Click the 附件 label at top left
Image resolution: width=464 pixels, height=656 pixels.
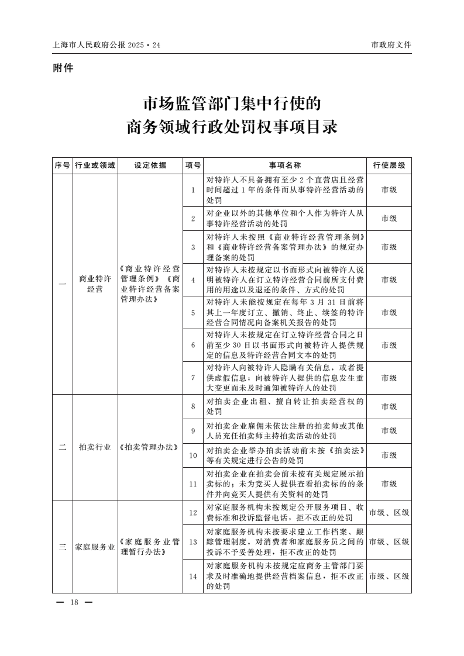63,68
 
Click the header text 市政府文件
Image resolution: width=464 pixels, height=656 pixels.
391,45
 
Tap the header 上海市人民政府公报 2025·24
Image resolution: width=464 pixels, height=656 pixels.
106,45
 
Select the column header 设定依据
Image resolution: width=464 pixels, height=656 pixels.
150,165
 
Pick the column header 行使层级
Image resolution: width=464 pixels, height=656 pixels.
389,165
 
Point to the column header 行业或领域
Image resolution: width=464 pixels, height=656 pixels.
95,165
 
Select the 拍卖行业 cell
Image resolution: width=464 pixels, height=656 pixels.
95,447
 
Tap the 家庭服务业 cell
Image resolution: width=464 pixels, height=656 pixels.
95,547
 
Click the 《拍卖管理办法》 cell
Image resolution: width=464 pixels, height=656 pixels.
150,447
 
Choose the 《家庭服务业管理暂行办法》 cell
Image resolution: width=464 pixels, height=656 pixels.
150,547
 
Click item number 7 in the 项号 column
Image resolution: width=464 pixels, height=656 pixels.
193,378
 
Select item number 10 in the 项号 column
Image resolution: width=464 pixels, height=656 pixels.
193,455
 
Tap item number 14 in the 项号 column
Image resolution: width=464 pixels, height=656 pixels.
193,576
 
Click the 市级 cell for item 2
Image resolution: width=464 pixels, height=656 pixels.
389,218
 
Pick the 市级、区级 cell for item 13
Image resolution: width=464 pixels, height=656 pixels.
389,542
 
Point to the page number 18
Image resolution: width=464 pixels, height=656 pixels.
74,603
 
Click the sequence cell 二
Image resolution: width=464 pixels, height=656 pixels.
63,447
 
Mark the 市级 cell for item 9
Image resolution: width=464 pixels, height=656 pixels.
389,430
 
